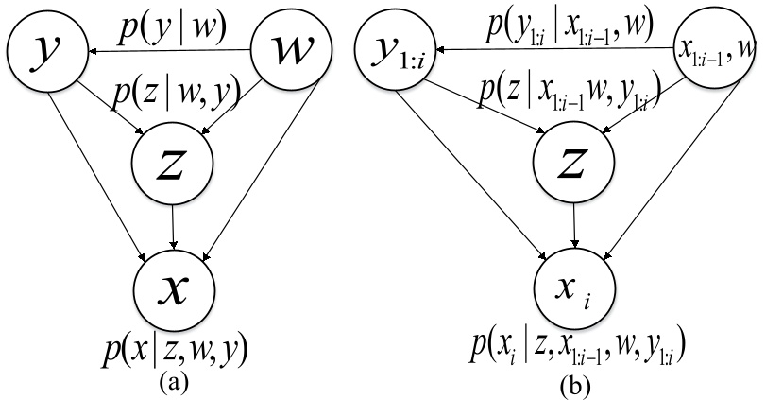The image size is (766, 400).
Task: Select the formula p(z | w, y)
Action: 175,92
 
